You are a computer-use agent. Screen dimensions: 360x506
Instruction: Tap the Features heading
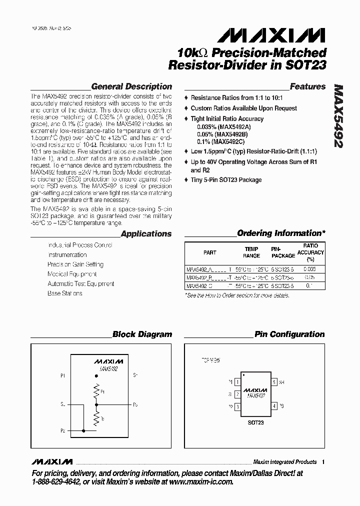307,86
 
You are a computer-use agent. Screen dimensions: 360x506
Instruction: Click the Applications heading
146,233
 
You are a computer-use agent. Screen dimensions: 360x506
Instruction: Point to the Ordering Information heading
281,233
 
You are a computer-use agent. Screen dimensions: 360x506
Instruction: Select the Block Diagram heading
142,334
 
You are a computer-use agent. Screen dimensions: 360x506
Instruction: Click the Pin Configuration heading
289,334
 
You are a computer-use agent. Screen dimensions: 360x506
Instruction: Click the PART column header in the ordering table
210,252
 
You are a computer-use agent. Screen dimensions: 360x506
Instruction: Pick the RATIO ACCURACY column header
310,252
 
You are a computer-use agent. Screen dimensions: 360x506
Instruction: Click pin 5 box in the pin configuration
274,382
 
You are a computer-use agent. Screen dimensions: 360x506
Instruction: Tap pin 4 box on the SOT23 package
274,405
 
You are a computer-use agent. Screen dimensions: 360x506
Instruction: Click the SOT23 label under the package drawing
255,422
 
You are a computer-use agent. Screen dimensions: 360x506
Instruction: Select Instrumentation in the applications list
67,254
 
